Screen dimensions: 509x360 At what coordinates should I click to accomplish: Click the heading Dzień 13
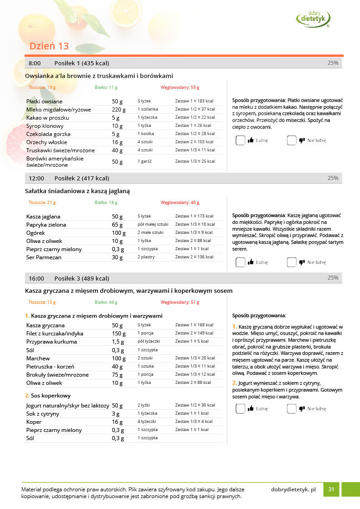pyautogui.click(x=49, y=46)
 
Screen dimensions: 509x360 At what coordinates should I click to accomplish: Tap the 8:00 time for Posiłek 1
pyautogui.click(x=34, y=63)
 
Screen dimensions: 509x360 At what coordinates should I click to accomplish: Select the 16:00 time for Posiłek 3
pyautogui.click(x=36, y=278)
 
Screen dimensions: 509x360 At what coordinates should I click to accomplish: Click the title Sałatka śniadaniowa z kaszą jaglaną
pyautogui.click(x=78, y=191)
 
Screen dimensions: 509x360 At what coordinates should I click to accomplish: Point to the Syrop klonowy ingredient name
pyautogui.click(x=45, y=126)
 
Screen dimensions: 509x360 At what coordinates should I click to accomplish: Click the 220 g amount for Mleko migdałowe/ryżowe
pyautogui.click(x=119, y=110)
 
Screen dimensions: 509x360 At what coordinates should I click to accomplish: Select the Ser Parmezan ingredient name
pyautogui.click(x=44, y=257)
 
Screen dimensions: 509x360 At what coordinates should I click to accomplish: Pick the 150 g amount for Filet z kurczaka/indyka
pyautogui.click(x=119, y=334)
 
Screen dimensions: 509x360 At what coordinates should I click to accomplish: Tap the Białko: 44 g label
pyautogui.click(x=106, y=302)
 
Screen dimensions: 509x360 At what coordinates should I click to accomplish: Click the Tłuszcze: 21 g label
pyautogui.click(x=42, y=203)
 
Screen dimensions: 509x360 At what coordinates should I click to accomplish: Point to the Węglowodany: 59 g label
pyautogui.click(x=180, y=87)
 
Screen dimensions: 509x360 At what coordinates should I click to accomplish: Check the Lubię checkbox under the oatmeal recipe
pyautogui.click(x=240, y=141)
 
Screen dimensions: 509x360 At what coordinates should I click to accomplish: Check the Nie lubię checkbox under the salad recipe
pyautogui.click(x=292, y=262)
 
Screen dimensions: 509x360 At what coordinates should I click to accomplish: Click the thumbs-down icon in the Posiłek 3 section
pyautogui.click(x=302, y=409)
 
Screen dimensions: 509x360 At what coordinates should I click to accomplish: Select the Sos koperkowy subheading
pyautogui.click(x=50, y=396)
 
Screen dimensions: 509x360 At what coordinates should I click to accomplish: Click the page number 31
pyautogui.click(x=331, y=490)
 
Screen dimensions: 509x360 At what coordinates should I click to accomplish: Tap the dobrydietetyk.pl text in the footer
pyautogui.click(x=293, y=490)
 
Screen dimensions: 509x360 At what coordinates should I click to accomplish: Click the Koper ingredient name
pyautogui.click(x=34, y=422)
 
